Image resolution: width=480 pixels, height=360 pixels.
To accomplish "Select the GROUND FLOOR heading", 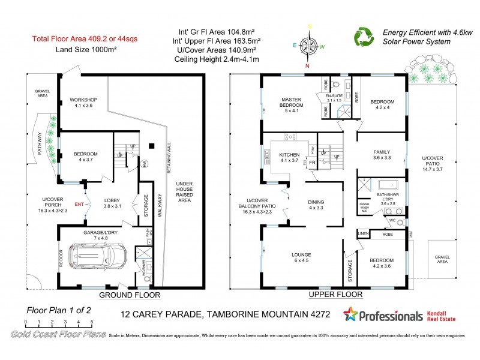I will tap(129, 295).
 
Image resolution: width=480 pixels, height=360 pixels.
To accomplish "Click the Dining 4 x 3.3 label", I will tap(316, 205).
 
